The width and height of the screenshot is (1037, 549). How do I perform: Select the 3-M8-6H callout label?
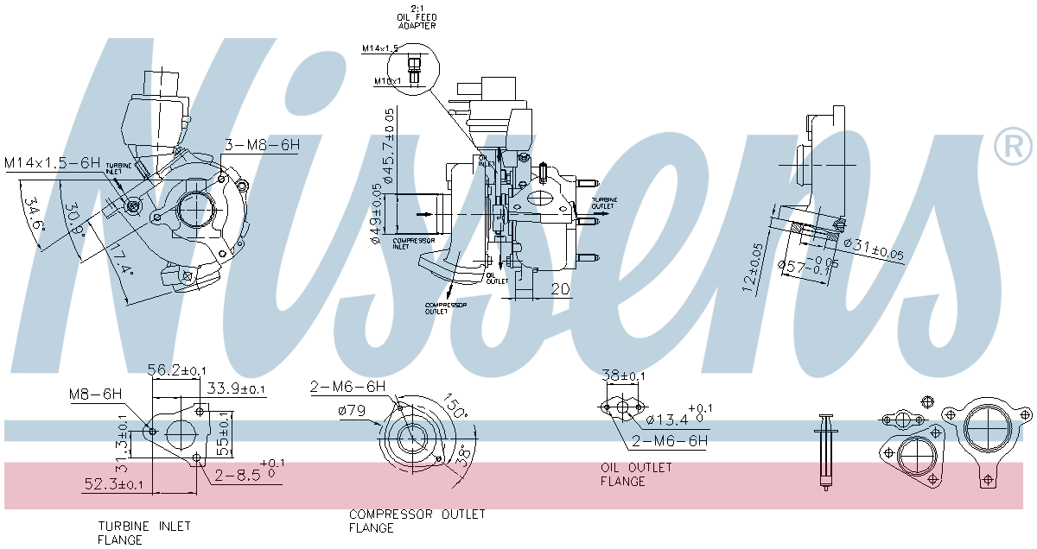pyautogui.click(x=262, y=145)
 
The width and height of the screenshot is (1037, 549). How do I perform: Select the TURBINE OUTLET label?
pyautogui.click(x=604, y=204)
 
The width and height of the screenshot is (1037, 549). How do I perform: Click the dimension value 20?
pyautogui.click(x=561, y=289)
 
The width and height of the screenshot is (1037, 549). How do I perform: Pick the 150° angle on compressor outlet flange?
pyautogui.click(x=456, y=407)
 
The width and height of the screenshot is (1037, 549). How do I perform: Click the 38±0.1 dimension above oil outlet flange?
pyautogui.click(x=624, y=376)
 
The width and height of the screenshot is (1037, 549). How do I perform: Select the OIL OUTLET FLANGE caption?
pyautogui.click(x=636, y=475)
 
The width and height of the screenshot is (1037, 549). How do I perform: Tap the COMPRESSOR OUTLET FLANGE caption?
pyautogui.click(x=417, y=521)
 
